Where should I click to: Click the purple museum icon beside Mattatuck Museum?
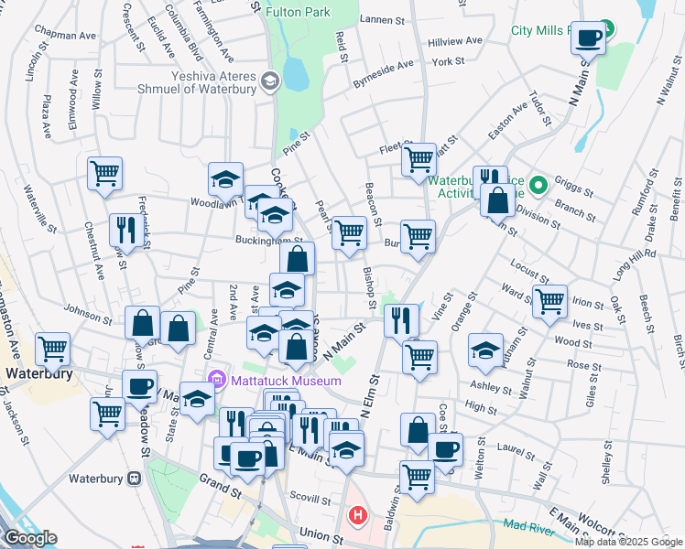pos(217,377)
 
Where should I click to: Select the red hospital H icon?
pos(356,515)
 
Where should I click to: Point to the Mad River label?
pos(528,525)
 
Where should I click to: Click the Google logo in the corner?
pos(30,538)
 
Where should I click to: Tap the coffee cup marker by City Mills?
pos(589,38)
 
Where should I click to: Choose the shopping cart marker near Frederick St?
pos(105,172)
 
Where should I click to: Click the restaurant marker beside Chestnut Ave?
pos(123,229)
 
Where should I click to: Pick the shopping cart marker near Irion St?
pos(549,300)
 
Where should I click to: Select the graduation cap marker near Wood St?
pos(485,349)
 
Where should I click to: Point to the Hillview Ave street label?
pos(455,41)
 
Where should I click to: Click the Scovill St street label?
pos(312,501)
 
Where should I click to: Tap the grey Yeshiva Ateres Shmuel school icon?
pos(269,81)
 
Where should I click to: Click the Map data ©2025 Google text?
pos(629,542)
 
